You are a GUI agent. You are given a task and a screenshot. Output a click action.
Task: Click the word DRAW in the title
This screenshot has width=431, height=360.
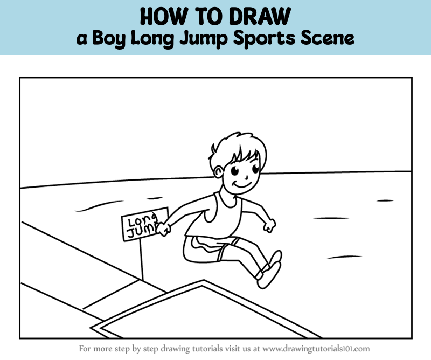coord(260,16)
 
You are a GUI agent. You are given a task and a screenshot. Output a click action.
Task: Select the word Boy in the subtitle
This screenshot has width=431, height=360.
coord(109,38)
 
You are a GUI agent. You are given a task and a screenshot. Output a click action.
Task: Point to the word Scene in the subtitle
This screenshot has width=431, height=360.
coord(328,38)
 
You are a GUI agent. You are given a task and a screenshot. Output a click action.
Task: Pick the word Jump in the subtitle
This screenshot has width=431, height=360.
coord(204,38)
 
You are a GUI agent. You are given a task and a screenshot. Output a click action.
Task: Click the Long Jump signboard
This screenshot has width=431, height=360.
coord(145,224)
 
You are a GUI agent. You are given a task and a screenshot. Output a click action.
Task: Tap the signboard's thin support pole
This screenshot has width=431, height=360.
coord(141,260)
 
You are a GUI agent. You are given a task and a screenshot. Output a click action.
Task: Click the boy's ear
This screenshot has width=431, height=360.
coord(219,172)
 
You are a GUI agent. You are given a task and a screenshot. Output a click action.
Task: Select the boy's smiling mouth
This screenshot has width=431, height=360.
coord(241,184)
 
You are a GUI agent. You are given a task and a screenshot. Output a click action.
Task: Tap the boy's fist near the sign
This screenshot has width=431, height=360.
coord(163,230)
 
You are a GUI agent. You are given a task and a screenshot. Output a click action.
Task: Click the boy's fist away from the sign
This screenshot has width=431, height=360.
coord(269,226)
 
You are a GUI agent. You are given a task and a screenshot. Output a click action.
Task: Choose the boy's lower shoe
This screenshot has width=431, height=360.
coord(269,275)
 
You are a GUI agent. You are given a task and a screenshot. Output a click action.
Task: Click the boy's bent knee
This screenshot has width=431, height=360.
coord(187,253)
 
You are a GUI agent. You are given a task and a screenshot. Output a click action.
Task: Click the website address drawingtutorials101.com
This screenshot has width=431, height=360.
coord(316,349)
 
